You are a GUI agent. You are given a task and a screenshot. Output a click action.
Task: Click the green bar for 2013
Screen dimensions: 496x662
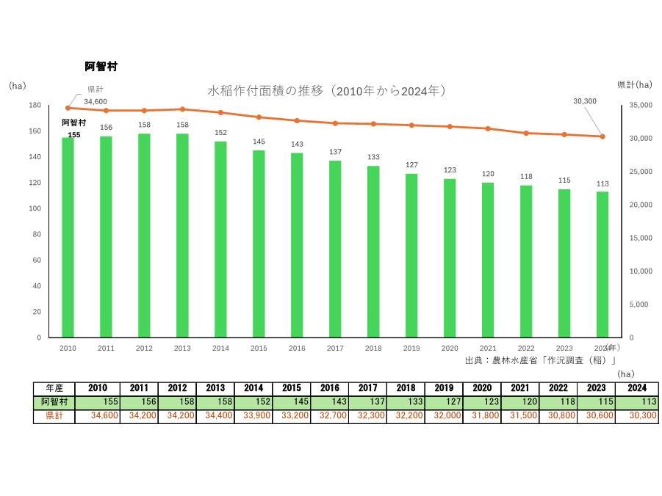click(x=182, y=235)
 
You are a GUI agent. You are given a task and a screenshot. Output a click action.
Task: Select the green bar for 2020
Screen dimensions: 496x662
click(x=450, y=257)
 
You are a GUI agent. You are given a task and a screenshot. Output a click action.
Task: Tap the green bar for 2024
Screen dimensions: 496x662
click(x=602, y=264)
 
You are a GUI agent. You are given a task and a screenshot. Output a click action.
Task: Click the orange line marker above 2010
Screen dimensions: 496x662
click(x=68, y=108)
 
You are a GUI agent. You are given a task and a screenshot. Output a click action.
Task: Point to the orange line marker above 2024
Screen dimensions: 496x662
click(x=602, y=136)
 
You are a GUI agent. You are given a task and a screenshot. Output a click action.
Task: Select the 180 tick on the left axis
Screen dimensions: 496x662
click(x=35, y=106)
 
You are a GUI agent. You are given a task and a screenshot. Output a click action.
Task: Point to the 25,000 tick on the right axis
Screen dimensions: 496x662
click(x=637, y=172)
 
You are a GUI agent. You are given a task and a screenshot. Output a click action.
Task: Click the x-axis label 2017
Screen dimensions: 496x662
click(x=335, y=349)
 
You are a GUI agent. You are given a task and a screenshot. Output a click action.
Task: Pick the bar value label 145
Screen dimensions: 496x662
click(x=259, y=142)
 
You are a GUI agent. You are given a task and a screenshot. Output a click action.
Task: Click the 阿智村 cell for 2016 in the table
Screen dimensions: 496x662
click(x=292, y=403)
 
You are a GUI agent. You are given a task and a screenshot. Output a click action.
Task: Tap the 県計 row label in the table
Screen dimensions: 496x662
click(x=54, y=416)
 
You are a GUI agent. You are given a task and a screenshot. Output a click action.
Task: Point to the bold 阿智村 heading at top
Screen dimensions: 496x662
click(x=101, y=67)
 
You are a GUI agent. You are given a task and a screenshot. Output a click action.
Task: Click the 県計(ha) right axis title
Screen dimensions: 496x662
click(x=633, y=85)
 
